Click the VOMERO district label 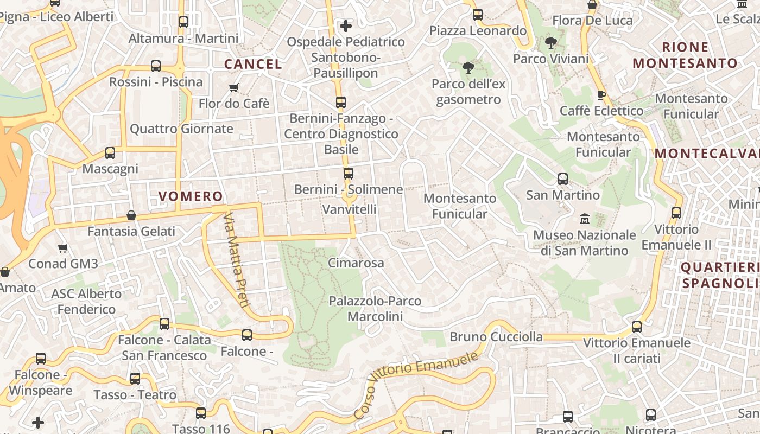pos(191,196)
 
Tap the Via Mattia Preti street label pos(237,260)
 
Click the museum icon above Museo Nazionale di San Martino pos(585,219)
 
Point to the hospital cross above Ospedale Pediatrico pos(346,25)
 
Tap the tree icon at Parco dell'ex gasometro pos(468,68)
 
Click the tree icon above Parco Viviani pos(551,43)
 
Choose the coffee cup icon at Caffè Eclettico pos(601,95)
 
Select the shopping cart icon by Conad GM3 pos(63,248)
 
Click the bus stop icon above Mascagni pos(110,153)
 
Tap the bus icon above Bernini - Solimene pos(349,174)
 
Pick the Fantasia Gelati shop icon pos(131,215)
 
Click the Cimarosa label pos(356,263)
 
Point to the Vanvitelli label pos(349,209)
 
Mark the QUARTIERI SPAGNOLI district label pos(720,275)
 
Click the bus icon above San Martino pos(563,179)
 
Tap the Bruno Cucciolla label pos(496,337)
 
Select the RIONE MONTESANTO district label pos(685,55)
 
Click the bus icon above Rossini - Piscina pos(156,66)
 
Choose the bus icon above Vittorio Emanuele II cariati pos(637,327)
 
